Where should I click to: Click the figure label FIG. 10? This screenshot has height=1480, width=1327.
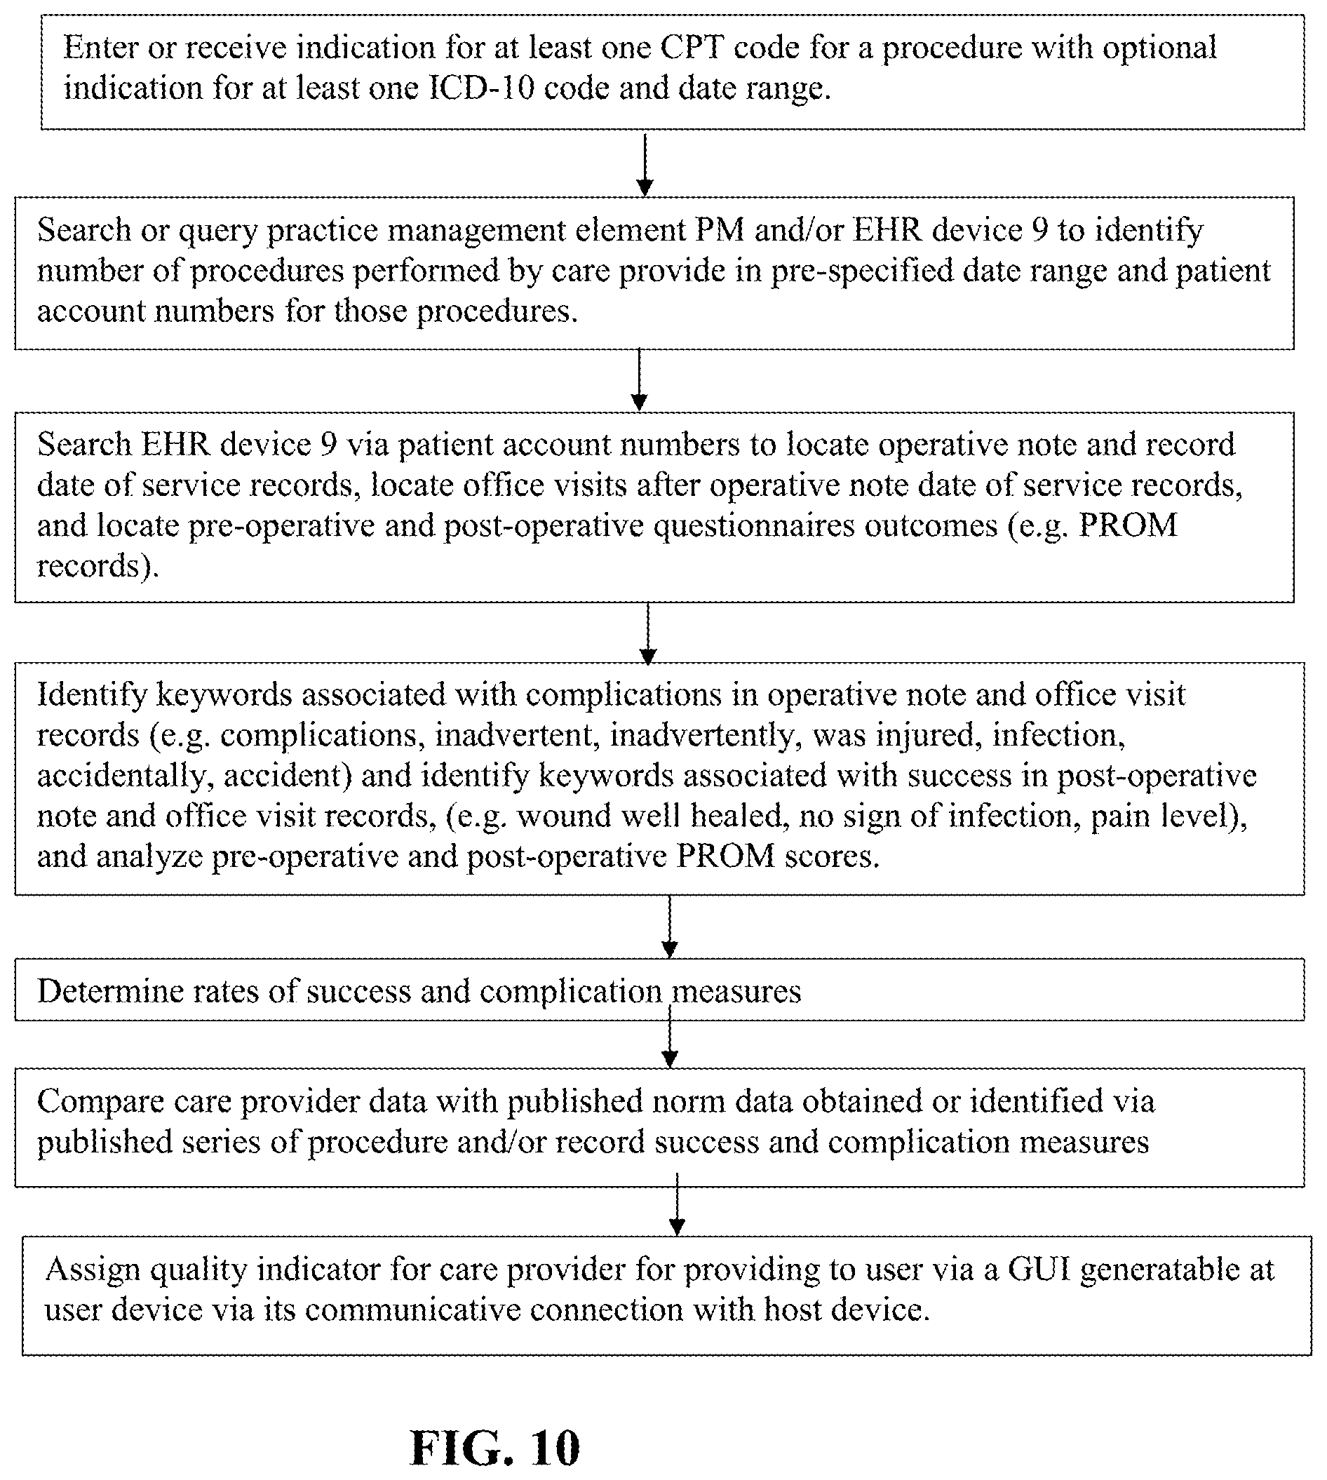(x=495, y=1448)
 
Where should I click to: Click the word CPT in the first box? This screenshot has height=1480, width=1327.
(x=693, y=48)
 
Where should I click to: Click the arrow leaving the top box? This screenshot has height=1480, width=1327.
(x=645, y=164)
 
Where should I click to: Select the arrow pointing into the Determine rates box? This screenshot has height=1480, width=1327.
(x=669, y=927)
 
